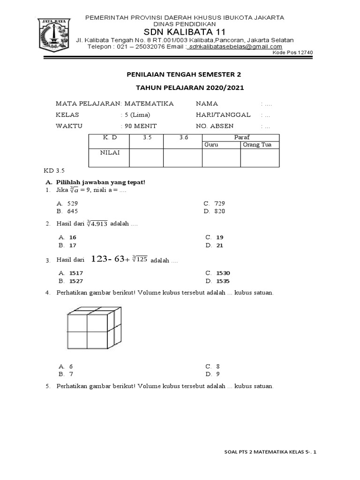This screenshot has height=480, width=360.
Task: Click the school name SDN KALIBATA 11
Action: (183, 32)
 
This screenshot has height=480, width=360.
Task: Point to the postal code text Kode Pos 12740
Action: (292, 52)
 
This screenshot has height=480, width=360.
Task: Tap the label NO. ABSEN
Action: (215, 126)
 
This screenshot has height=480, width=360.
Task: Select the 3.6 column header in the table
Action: (183, 137)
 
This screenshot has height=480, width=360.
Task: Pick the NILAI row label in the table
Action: (109, 152)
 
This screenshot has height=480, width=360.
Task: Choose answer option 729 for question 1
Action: (219, 203)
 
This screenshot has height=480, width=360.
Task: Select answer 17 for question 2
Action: (73, 245)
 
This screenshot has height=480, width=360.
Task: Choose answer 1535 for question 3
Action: (223, 281)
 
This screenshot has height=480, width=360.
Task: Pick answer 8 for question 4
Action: (218, 366)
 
